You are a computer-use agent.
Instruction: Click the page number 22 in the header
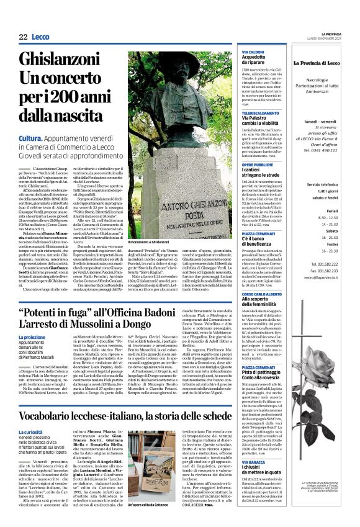coord(22,37)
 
